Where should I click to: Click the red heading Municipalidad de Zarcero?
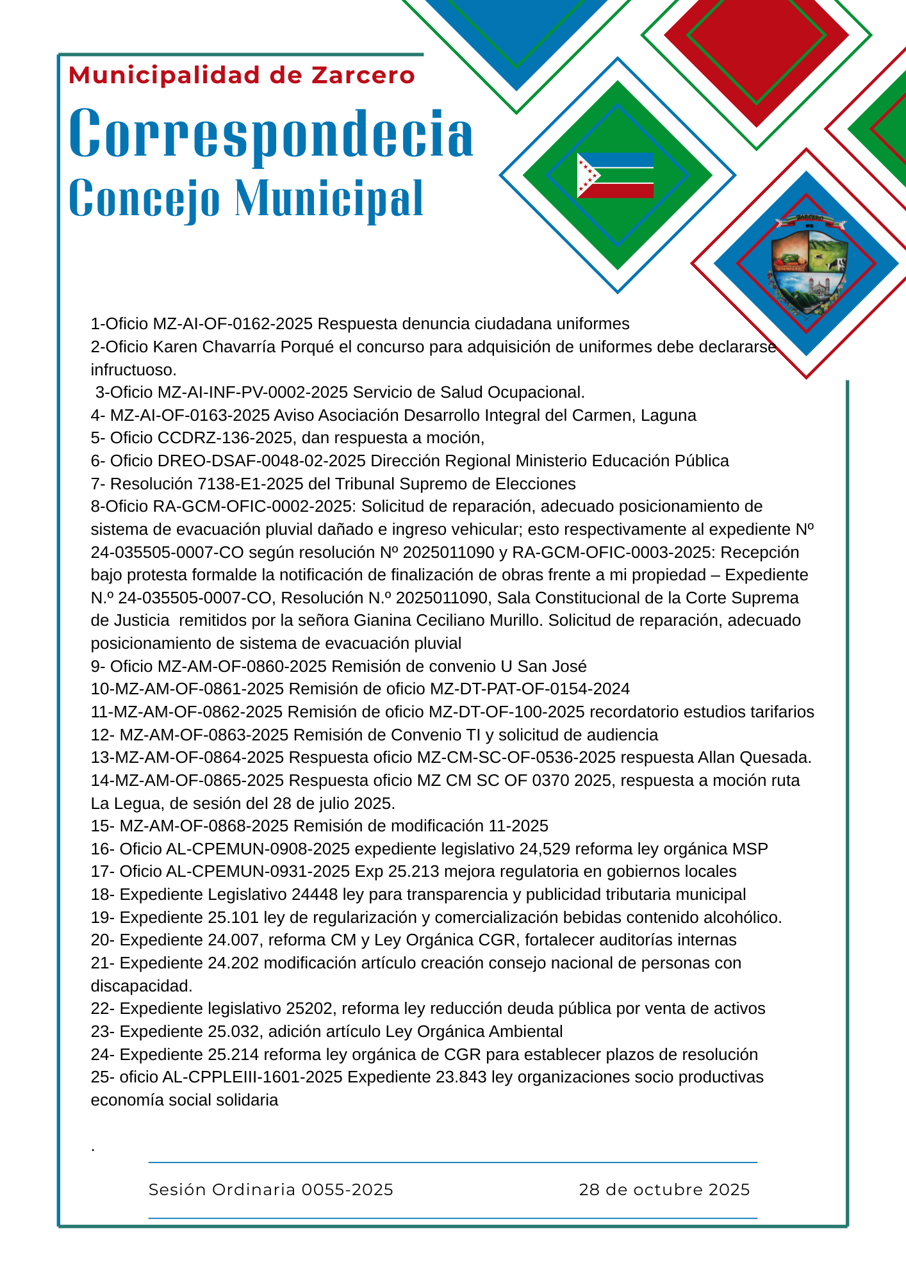242,76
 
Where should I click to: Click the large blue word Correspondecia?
271,134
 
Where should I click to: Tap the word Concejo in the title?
144,199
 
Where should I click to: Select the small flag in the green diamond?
615,175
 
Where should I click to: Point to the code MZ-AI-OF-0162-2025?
233,324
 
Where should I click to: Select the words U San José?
543,667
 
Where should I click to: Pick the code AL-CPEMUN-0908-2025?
258,849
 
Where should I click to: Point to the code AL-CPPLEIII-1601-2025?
252,1077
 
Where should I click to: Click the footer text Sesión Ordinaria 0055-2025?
270,1190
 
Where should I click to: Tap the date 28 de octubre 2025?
664,1190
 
